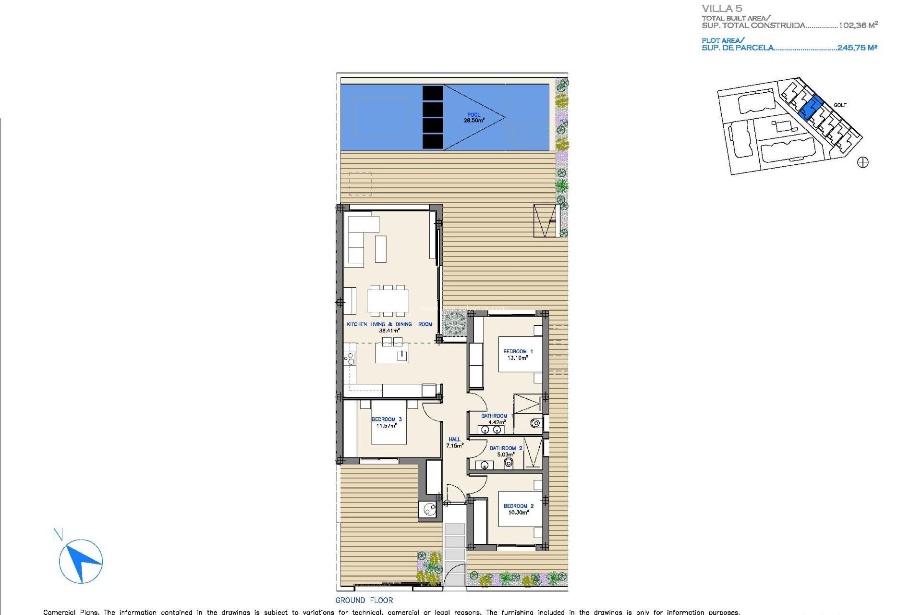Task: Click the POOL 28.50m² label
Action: coord(473,118)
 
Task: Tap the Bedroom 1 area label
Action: coord(518,355)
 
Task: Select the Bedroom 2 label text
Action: coord(518,509)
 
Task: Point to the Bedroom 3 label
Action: coord(387,422)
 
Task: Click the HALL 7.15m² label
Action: coord(454,443)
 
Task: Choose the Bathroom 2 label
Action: coord(506,451)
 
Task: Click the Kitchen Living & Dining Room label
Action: coord(389,327)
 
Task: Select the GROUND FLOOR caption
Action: coord(364,600)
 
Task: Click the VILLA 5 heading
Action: coord(722,9)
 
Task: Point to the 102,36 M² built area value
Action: coord(858,25)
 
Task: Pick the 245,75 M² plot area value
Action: coord(857,48)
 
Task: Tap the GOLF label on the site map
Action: coord(840,105)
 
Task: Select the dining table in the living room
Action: coord(388,301)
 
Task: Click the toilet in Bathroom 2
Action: coord(509,464)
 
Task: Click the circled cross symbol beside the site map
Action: coord(863,162)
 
